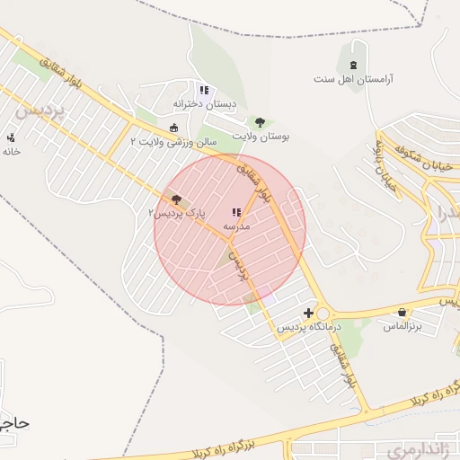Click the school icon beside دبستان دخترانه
point(204,90)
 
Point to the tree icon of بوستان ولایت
point(261,121)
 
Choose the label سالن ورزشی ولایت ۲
point(168,141)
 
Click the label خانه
point(11,151)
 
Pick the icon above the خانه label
point(11,137)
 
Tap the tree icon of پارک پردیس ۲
point(176,199)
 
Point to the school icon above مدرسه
point(235,213)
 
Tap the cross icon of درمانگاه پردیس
point(309,313)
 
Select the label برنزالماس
point(401,325)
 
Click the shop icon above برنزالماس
point(401,312)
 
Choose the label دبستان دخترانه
point(205,104)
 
